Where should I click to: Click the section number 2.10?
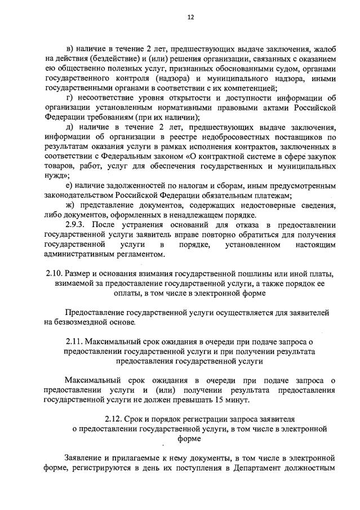point(54,274)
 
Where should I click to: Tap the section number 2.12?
point(114,419)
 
